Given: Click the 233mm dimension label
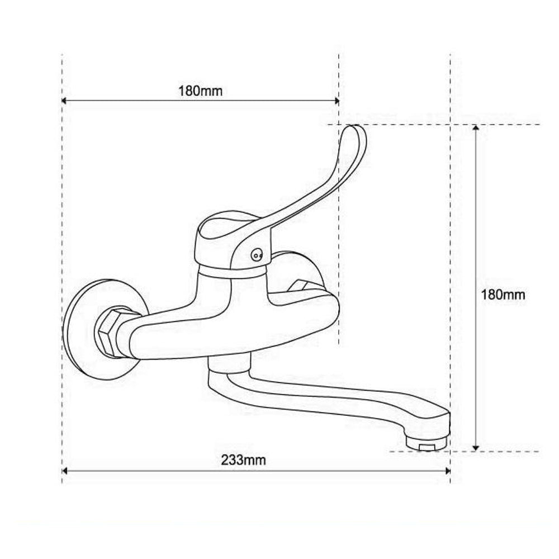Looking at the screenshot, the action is [x=244, y=460].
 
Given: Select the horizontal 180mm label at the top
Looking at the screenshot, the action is [x=200, y=91].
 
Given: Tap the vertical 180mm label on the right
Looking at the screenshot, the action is [x=503, y=295].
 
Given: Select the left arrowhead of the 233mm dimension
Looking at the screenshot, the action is [x=64, y=471].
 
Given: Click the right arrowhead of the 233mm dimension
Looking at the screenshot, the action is [x=448, y=471].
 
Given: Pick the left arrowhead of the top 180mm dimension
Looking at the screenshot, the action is [x=64, y=101].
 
